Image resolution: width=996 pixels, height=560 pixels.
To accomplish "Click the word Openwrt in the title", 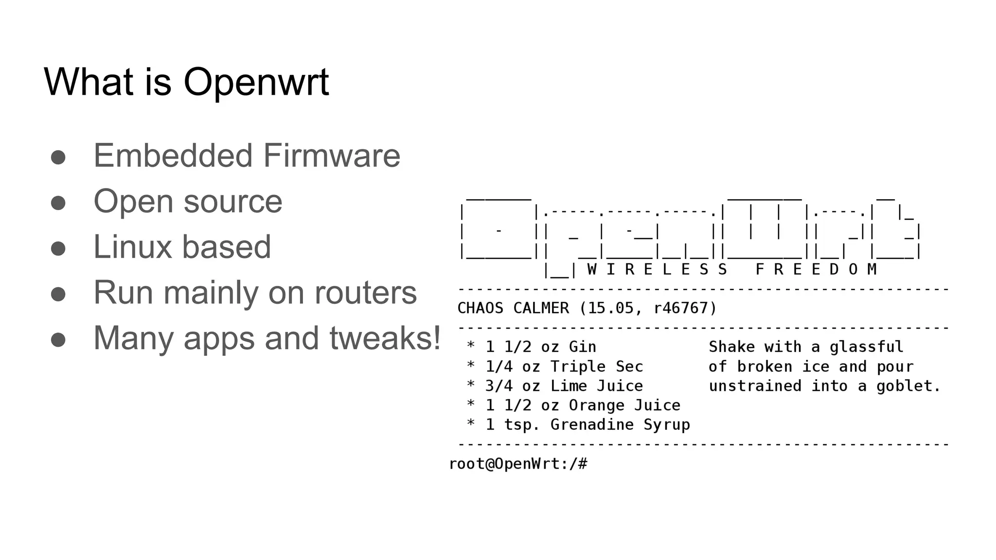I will (256, 82).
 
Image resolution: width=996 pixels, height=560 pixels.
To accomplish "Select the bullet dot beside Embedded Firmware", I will (58, 157).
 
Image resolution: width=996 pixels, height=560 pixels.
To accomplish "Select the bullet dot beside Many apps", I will (58, 339).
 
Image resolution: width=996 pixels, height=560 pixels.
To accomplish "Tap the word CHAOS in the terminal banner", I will (480, 308).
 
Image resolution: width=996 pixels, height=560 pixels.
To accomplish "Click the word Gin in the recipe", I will (583, 347).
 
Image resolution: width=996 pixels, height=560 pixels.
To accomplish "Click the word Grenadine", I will (592, 425).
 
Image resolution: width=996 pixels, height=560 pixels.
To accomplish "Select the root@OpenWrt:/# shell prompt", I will (518, 464).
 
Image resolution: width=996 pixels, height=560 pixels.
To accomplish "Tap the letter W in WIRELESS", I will (592, 269).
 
